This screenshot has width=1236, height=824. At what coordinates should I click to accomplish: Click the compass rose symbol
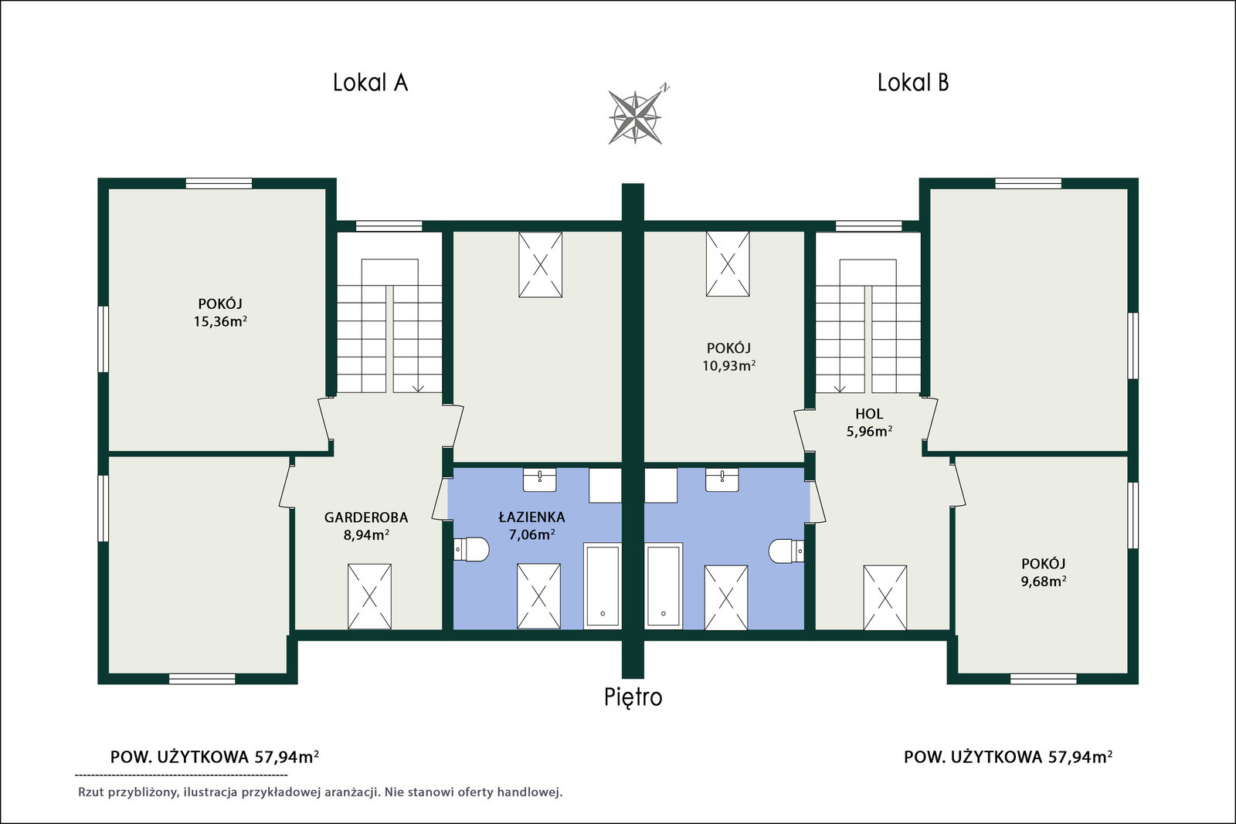pyautogui.click(x=637, y=117)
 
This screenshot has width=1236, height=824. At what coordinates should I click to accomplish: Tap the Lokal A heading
pyautogui.click(x=370, y=83)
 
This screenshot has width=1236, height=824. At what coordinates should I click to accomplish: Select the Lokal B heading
pyautogui.click(x=913, y=83)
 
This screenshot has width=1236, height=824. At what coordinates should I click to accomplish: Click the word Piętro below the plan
pyautogui.click(x=633, y=697)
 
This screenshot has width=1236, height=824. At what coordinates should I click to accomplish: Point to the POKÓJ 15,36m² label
pyautogui.click(x=220, y=313)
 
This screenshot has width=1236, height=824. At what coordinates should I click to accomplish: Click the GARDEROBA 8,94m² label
pyautogui.click(x=366, y=526)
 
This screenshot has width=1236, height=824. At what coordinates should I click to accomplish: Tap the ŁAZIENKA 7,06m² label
pyautogui.click(x=532, y=526)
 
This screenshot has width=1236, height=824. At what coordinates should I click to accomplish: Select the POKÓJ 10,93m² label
pyautogui.click(x=729, y=357)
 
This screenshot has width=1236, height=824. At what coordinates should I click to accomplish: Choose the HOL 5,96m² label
pyautogui.click(x=869, y=422)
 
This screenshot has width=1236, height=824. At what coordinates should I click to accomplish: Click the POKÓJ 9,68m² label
pyautogui.click(x=1044, y=572)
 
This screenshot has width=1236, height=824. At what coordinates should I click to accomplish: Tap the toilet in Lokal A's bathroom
pyautogui.click(x=471, y=549)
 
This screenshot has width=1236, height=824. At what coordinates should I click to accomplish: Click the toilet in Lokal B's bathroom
pyautogui.click(x=786, y=551)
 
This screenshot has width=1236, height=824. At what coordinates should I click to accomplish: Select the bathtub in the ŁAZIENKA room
pyautogui.click(x=603, y=585)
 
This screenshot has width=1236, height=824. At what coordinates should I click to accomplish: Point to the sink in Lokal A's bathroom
pyautogui.click(x=540, y=480)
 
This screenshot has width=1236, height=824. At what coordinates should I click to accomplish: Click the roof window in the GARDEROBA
pyautogui.click(x=369, y=596)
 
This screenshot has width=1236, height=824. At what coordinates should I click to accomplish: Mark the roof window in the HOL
pyautogui.click(x=885, y=597)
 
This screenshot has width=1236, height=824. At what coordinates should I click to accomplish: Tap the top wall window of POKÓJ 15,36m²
pyautogui.click(x=219, y=183)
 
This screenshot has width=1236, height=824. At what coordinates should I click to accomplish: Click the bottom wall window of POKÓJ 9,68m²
pyautogui.click(x=1044, y=679)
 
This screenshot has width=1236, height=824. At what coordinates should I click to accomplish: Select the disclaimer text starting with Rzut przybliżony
pyautogui.click(x=320, y=792)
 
